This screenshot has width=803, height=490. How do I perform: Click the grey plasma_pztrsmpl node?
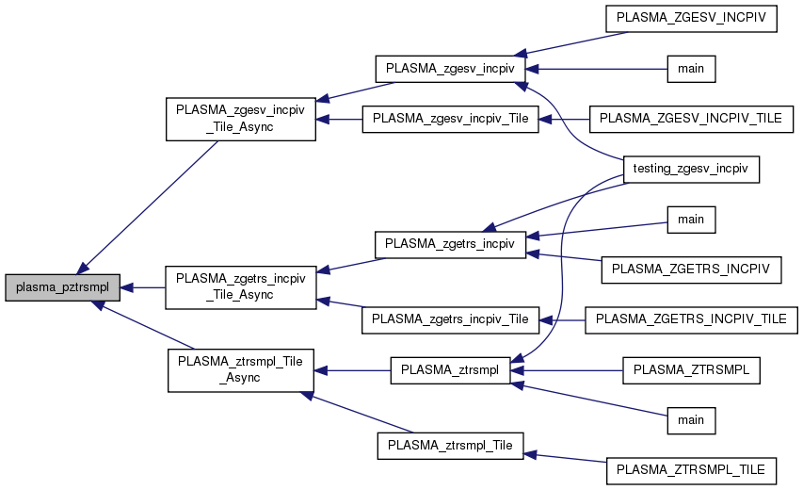click(62, 287)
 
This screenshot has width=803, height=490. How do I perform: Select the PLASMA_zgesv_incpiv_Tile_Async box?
click(240, 119)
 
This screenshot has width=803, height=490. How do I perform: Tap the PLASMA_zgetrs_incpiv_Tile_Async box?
click(240, 286)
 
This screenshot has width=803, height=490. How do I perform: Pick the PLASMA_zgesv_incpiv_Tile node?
click(450, 119)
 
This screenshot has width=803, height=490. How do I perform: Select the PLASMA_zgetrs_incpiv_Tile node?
click(450, 319)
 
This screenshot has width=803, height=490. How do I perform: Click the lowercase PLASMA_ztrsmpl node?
click(450, 370)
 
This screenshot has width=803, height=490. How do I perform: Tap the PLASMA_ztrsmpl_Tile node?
click(450, 446)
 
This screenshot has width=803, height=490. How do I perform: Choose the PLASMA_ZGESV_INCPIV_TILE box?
click(691, 119)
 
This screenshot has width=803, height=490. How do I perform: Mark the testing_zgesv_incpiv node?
click(691, 169)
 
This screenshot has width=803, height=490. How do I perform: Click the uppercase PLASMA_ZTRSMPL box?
click(691, 370)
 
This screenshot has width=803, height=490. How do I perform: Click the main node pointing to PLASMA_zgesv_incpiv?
click(691, 69)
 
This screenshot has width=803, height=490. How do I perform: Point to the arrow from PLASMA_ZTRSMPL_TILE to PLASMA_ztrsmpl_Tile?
click(565, 456)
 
